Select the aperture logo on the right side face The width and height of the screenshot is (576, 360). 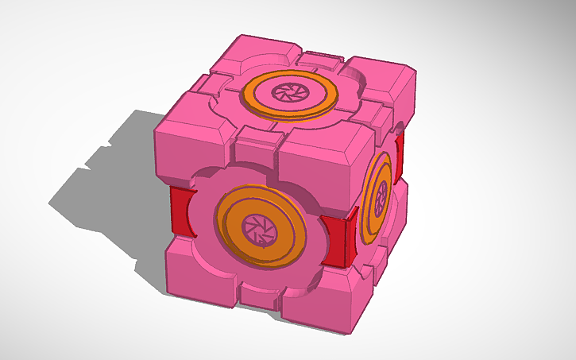[x=381, y=194]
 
